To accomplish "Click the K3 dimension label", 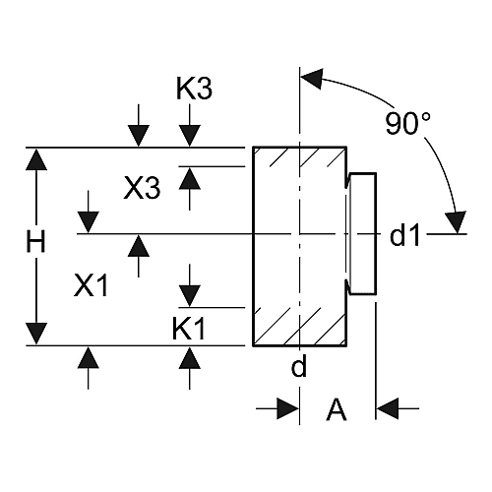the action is (x=194, y=89).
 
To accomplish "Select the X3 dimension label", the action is (x=142, y=188).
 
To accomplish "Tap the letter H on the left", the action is (x=35, y=241).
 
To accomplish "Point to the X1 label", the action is (x=91, y=285).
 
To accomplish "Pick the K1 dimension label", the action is (x=189, y=329).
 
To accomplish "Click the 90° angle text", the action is (x=407, y=123).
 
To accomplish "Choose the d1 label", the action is (x=404, y=235).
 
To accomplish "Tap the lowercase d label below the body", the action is (x=299, y=366).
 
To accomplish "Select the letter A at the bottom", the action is (x=337, y=409).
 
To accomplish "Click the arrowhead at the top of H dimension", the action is (x=36, y=159).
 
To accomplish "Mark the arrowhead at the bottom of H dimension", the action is (x=36, y=334).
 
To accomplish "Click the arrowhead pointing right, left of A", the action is (x=288, y=408).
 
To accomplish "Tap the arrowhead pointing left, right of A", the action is (x=388, y=408).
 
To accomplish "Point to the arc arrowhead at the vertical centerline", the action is (x=312, y=79).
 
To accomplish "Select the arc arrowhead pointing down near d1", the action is (x=456, y=222).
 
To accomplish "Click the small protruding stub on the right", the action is (x=363, y=233).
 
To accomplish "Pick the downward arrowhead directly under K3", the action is (x=190, y=136).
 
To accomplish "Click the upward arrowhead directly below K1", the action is (x=190, y=357).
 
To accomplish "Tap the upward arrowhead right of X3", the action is (x=190, y=178).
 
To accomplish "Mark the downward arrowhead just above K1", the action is (x=190, y=296).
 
